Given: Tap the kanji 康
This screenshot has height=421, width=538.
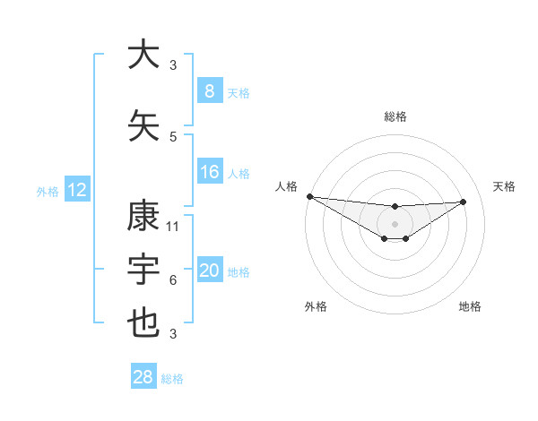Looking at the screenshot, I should pos(144,216).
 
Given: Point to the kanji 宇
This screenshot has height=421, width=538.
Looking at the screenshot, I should pos(144,270).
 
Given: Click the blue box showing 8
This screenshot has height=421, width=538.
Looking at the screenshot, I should pos(210,90).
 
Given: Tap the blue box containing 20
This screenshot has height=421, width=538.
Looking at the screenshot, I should pos(210,271).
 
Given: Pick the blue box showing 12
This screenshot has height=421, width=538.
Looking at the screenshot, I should pos(77,190).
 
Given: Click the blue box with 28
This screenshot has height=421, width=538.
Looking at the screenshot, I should pos(143,377).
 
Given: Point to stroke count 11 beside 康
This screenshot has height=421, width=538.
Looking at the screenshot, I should pos(173,227).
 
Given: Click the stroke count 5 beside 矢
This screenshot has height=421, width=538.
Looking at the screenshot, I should pos(173,137).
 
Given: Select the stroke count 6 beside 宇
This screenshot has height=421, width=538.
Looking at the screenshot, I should pos(173,280).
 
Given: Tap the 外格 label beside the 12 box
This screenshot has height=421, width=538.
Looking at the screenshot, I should pos(48,191).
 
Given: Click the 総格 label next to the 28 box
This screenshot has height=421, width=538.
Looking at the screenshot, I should pos(173,379).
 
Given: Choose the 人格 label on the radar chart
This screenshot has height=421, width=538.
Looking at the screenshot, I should pos(287,186).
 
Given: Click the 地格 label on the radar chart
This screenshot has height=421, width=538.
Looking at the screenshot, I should pos(470,307).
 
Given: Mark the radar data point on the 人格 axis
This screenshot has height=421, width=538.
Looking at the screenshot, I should pos(309,196).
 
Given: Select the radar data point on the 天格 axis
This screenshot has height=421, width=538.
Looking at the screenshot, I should pos(464,202).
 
